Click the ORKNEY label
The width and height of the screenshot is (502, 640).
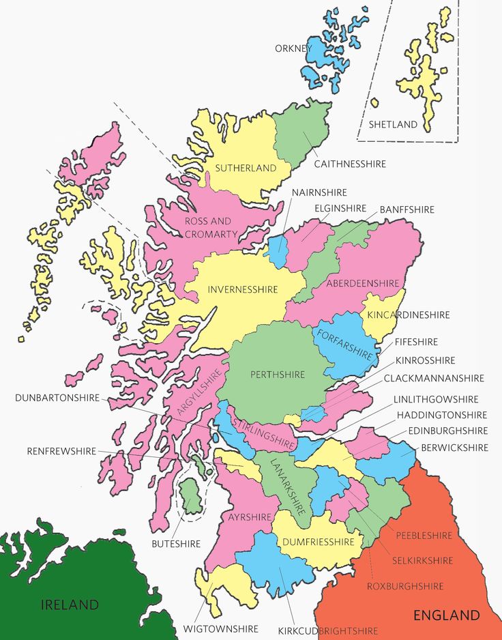(x=293, y=48)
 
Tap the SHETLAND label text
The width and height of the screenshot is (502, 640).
(x=393, y=125)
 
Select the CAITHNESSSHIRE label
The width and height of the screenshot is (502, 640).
(x=350, y=164)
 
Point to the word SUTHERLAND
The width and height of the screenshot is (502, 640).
(x=246, y=168)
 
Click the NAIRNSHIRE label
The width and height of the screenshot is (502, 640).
(x=319, y=192)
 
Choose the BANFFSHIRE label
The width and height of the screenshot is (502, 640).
(x=407, y=209)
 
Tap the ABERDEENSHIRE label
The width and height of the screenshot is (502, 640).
(x=362, y=283)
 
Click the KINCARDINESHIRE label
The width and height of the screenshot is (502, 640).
(x=409, y=315)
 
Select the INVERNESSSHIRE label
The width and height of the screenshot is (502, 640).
(x=243, y=289)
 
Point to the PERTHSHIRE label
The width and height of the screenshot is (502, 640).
(x=278, y=374)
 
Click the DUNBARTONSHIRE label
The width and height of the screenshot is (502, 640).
(x=57, y=398)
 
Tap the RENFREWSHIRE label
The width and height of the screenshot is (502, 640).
(x=61, y=451)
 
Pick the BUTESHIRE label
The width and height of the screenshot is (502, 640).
(x=176, y=544)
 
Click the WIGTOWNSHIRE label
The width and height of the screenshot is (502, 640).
(x=221, y=628)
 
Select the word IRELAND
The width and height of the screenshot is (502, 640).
(x=70, y=605)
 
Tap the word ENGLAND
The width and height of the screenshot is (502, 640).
(x=447, y=615)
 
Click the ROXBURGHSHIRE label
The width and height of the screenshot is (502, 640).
(x=405, y=586)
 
